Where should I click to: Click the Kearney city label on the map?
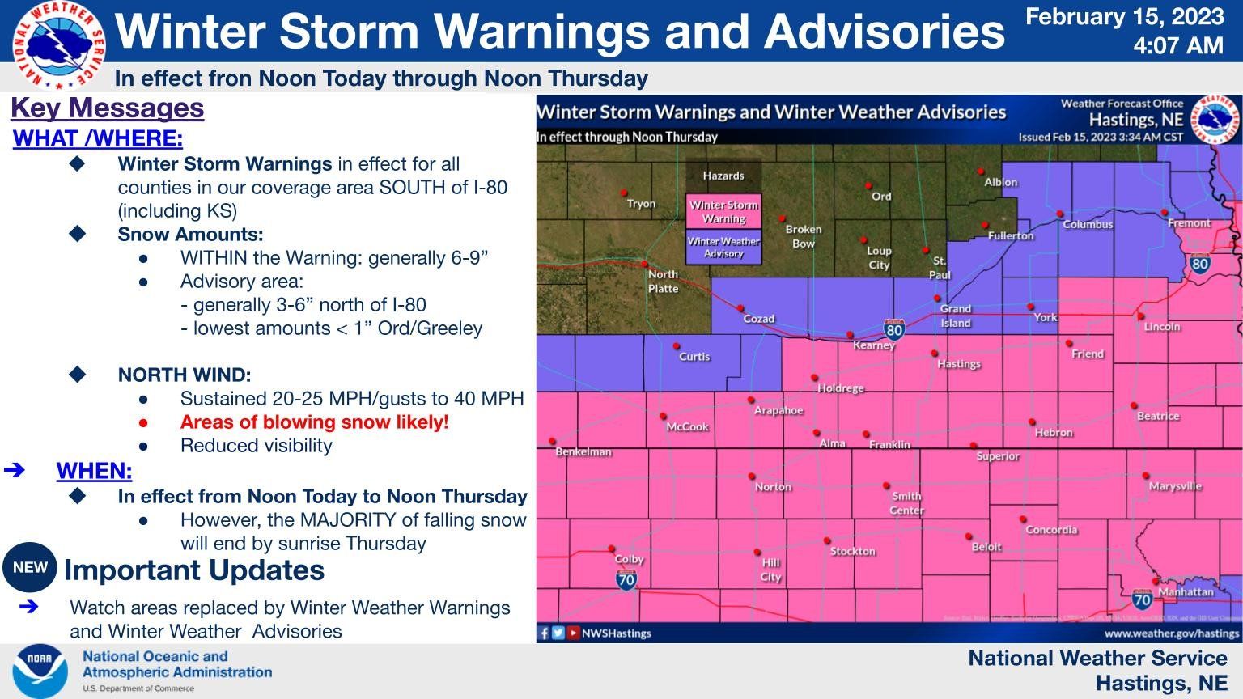[x=874, y=345]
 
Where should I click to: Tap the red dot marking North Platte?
[x=644, y=264]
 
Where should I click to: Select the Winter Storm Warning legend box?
[x=723, y=212]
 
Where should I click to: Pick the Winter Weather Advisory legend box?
[x=723, y=248]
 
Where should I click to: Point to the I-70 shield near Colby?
[x=626, y=579]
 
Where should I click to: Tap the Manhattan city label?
[x=1186, y=591]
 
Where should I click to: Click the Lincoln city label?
[x=1162, y=327]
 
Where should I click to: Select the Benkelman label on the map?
[x=583, y=451]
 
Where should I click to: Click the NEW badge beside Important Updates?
[x=30, y=568]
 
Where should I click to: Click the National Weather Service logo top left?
[x=58, y=44]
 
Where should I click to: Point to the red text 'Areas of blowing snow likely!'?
[x=314, y=422]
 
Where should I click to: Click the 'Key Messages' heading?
[x=107, y=108]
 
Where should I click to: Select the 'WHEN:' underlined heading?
[x=94, y=471]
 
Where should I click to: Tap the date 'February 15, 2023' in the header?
[x=1125, y=17]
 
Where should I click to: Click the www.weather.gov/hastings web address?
[x=1171, y=633]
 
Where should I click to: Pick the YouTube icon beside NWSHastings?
[x=573, y=633]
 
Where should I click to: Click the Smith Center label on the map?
[x=906, y=503]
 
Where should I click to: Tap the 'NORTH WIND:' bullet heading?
[x=185, y=375]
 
